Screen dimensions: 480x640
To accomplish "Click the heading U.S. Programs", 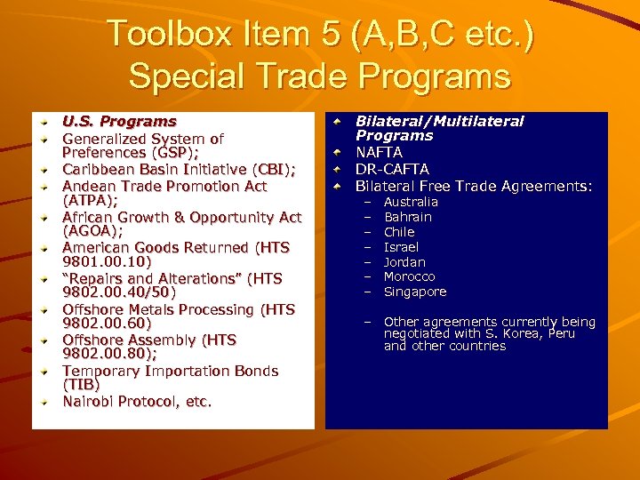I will pos(119,121).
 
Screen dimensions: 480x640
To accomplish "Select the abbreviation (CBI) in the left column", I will pos(274,169).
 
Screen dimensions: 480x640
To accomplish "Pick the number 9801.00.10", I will pos(107,262).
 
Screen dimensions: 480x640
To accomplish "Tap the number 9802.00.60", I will pos(107,324).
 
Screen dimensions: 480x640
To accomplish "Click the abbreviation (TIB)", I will pos(81,385).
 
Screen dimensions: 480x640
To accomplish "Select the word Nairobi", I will pos(89,402).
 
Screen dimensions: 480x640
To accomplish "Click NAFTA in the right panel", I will pos(379,152).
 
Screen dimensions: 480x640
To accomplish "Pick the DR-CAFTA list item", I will pos(392,169).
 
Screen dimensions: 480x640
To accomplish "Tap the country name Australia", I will pos(411,202).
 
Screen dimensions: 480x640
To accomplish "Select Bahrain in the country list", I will pos(407,217).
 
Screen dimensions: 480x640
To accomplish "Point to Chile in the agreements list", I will pos(399,232).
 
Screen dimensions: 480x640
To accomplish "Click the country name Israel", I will pos(401,247).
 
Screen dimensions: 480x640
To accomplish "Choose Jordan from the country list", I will pos(404,262).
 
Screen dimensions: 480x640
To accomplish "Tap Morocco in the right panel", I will pos(410,276).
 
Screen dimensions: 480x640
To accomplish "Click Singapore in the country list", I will pos(415,292).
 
